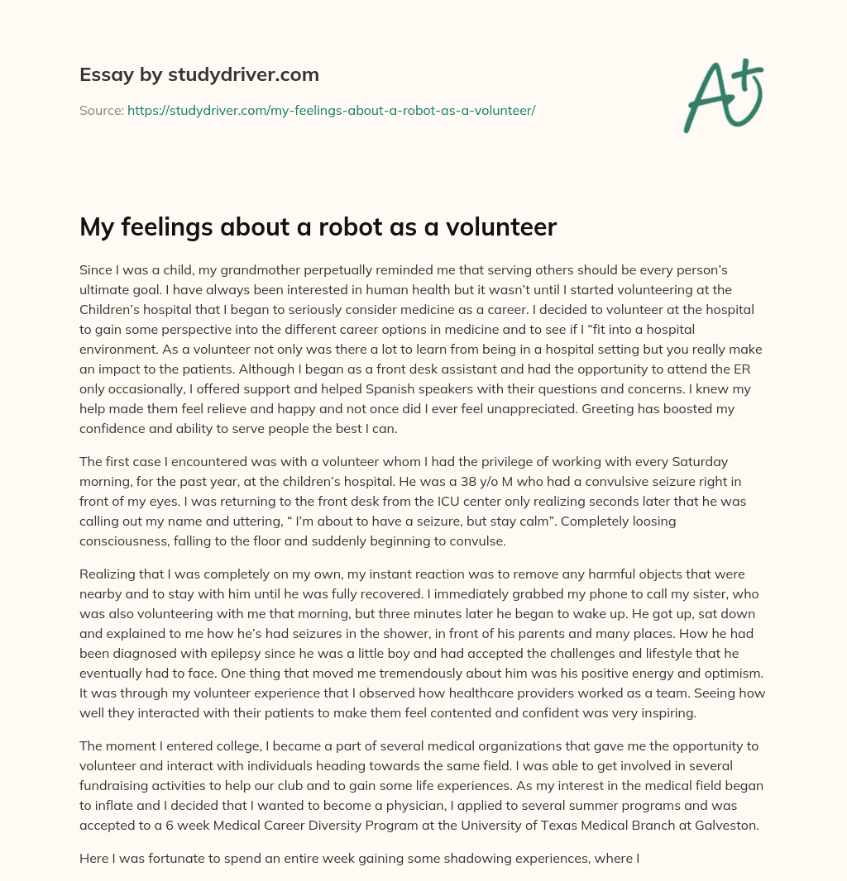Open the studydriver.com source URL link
click(331, 110)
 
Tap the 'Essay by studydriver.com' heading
click(199, 74)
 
